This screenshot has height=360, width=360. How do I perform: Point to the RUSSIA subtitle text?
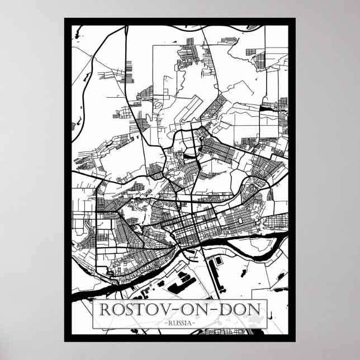click(x=180, y=323)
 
